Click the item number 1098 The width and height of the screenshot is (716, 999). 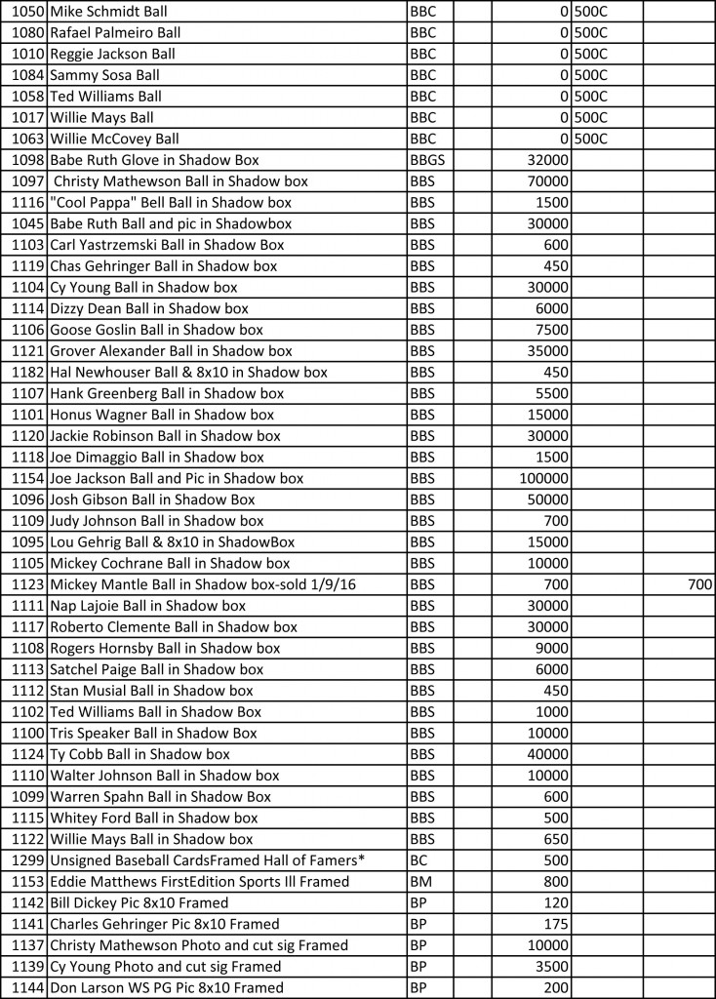[28, 160]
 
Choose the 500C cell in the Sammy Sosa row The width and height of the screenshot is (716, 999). [591, 75]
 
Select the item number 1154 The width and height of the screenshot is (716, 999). [28, 478]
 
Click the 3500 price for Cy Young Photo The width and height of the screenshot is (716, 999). [553, 967]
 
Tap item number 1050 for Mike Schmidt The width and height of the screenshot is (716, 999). [28, 12]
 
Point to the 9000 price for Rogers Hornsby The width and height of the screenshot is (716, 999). [553, 648]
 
